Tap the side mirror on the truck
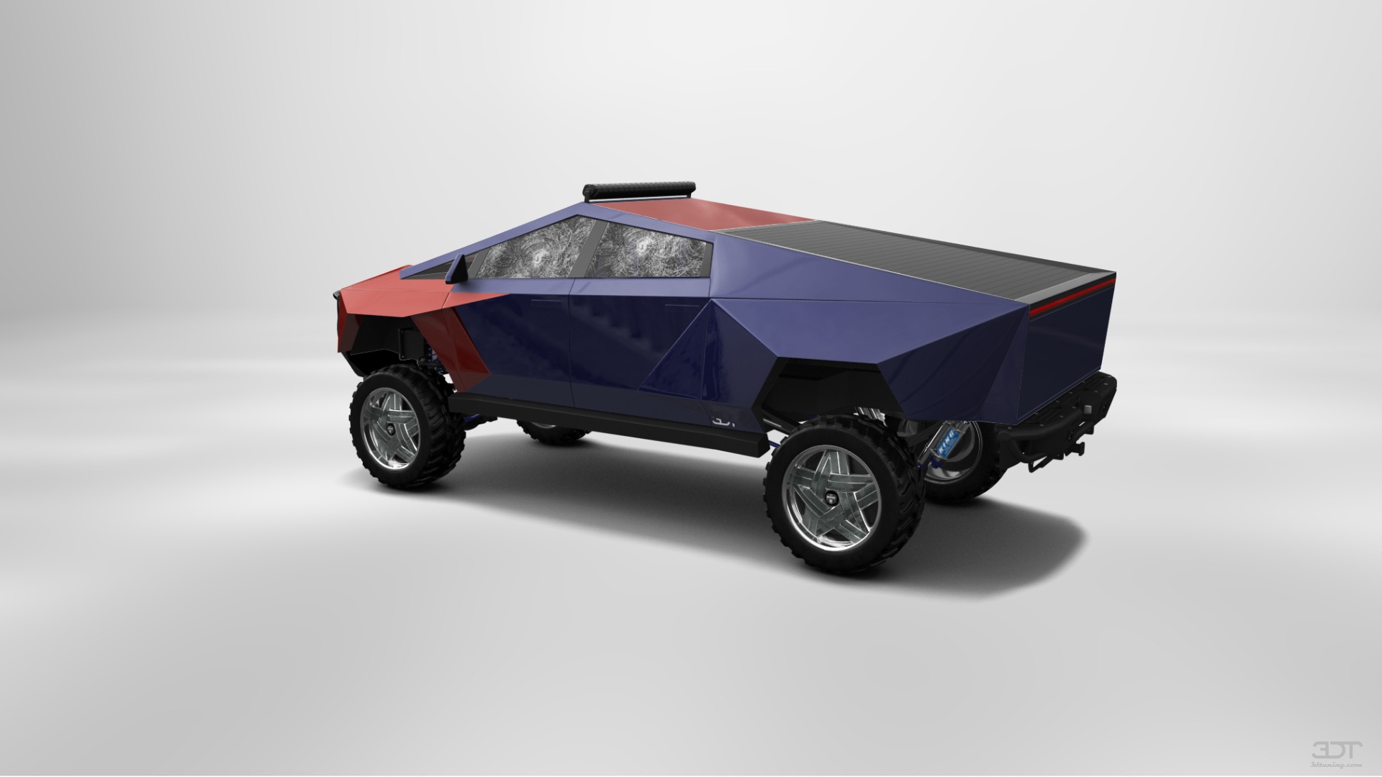coord(457,269)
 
